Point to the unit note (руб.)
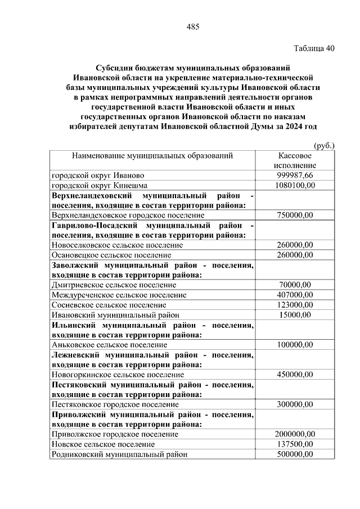click(324, 146)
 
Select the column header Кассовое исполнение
click(295, 160)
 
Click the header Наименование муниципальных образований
click(152, 156)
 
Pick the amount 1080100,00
click(295, 185)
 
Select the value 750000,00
click(295, 215)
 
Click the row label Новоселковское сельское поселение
click(117, 245)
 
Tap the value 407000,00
click(295, 295)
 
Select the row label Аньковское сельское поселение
click(109, 344)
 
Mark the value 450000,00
click(295, 374)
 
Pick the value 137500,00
click(295, 444)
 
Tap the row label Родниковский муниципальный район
click(119, 454)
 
